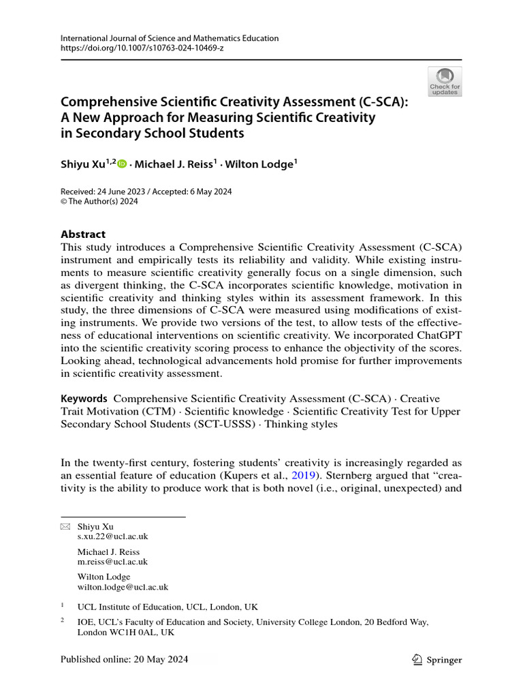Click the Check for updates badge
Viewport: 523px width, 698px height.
(445, 81)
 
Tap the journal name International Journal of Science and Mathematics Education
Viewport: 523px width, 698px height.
(170, 38)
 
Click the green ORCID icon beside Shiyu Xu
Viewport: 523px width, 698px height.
(122, 164)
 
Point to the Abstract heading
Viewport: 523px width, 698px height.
(83, 234)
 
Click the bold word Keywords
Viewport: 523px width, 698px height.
(84, 399)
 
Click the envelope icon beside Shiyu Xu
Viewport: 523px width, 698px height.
(65, 527)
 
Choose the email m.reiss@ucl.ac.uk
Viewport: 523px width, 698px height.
(112, 562)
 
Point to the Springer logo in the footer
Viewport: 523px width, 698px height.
(437, 660)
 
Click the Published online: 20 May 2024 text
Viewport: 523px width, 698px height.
(124, 660)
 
